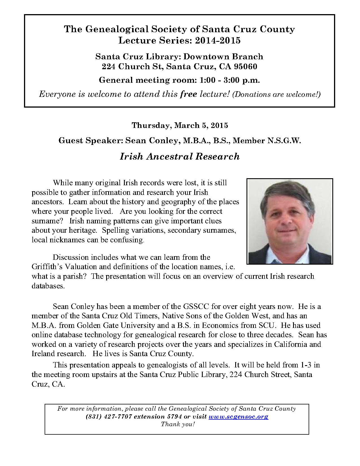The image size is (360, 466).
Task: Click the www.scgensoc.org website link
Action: tap(238, 417)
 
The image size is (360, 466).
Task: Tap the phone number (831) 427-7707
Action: tap(109, 417)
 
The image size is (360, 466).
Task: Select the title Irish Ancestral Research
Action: tap(180, 156)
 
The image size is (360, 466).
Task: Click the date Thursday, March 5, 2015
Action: tap(180, 125)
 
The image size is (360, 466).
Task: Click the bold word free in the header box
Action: tap(189, 94)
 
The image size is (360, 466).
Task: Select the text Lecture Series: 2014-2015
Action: tap(180, 41)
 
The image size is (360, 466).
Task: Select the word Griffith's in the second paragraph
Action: tap(45, 267)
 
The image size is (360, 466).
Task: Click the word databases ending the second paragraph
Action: tap(48, 286)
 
